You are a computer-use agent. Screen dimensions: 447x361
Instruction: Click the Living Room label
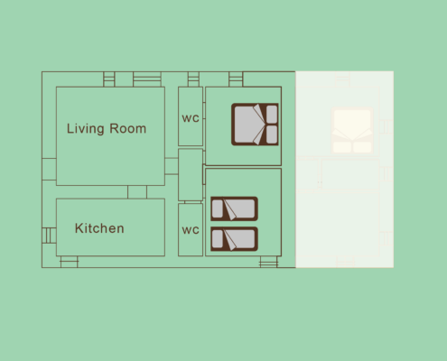point(107,129)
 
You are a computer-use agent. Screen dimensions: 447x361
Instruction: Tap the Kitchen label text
point(99,228)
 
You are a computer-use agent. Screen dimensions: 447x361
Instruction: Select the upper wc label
point(191,118)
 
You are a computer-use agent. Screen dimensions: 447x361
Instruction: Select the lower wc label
point(191,230)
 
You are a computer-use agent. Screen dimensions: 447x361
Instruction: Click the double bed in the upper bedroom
point(255,125)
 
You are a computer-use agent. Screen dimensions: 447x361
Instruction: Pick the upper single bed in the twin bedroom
point(234,208)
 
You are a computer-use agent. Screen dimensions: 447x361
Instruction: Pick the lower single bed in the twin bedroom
point(234,239)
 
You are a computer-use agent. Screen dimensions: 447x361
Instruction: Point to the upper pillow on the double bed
point(272,114)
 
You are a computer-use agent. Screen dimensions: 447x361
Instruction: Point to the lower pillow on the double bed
point(272,134)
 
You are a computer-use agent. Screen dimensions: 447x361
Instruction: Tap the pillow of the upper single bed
point(217,208)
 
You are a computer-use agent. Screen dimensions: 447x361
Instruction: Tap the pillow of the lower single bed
point(217,239)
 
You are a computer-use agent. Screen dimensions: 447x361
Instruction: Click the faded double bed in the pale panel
point(352,131)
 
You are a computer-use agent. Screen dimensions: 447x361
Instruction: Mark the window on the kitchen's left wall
point(49,236)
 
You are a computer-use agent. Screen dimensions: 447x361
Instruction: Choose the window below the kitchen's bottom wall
point(69,262)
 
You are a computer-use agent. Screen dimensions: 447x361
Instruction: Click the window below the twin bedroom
point(269,262)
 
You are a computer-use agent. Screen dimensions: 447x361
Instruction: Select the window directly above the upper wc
point(193,79)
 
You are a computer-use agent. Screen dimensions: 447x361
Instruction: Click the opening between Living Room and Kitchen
point(137,192)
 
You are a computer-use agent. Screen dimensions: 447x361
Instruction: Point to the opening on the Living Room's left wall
point(49,169)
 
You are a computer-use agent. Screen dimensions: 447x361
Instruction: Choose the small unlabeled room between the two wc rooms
point(191,174)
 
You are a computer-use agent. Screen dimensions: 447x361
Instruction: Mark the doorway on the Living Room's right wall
point(172,166)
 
